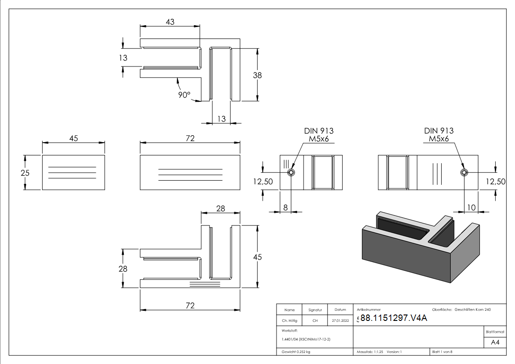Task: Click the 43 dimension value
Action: click(170, 22)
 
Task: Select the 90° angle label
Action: click(184, 95)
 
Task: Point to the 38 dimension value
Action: click(257, 76)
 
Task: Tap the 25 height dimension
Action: click(15, 173)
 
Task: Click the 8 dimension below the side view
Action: click(285, 207)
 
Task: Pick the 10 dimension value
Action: click(471, 208)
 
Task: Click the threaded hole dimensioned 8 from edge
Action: click(291, 173)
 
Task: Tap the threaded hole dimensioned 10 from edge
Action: click(465, 172)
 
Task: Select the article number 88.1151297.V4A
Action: click(393, 319)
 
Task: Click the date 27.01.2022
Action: click(340, 321)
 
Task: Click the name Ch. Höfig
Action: click(289, 321)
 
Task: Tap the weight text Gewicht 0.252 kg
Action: click(295, 352)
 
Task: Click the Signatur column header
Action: click(315, 310)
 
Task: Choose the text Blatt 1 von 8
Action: click(442, 352)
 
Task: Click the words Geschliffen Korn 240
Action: click(472, 310)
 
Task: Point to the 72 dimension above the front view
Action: click(190, 138)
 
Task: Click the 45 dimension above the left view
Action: click(73, 138)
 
